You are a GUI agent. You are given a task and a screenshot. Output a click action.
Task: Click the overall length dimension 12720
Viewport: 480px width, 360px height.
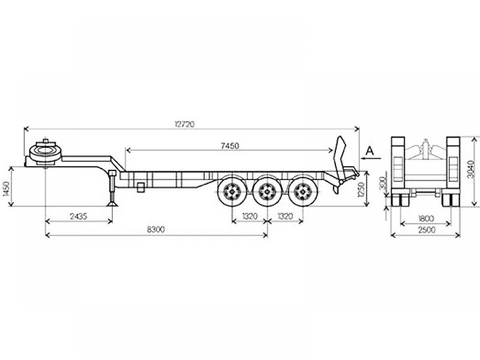point(185,124)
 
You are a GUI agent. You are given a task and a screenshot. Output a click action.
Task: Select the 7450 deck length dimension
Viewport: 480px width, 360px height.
point(229,146)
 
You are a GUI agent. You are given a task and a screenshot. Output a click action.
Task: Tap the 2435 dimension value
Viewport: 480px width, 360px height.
point(78,216)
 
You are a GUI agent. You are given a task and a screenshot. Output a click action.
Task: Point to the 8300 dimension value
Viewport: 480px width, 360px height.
point(156,229)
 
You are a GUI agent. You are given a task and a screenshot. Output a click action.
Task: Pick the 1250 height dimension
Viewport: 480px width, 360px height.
point(361,190)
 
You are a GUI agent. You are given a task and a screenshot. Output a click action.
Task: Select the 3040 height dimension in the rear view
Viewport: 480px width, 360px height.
point(472,169)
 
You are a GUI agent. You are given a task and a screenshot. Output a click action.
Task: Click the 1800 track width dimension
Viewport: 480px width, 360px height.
point(426,218)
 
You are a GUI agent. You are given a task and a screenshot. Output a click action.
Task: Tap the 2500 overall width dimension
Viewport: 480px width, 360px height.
point(426,229)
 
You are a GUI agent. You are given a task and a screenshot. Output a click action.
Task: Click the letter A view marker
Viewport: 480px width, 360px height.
point(370,151)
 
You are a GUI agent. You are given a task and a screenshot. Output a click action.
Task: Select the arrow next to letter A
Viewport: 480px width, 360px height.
point(371,158)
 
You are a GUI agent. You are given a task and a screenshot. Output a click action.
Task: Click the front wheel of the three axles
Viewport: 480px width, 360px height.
point(232,192)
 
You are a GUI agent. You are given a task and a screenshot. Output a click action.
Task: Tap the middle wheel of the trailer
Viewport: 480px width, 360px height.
point(267,192)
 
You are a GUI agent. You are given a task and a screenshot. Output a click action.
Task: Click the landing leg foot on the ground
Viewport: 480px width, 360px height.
point(112,203)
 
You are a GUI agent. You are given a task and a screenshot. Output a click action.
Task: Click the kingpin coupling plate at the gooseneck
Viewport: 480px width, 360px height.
point(46,152)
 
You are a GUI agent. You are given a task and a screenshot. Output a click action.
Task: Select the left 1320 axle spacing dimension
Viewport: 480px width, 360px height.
point(250,216)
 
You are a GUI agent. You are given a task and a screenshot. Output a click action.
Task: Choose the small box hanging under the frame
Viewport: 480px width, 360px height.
point(141,187)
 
